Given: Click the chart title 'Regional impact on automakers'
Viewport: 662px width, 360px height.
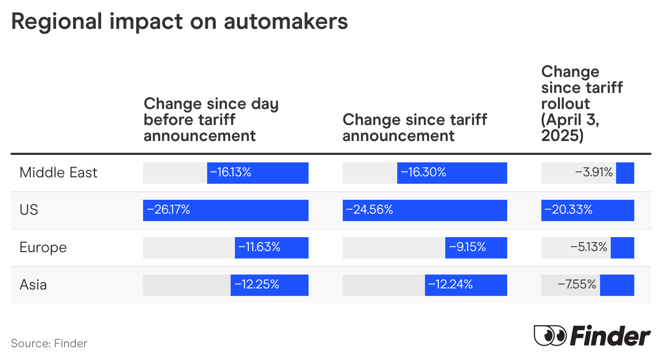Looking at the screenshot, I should tap(179, 21).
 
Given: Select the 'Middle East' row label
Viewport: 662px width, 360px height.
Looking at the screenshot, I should tap(58, 173).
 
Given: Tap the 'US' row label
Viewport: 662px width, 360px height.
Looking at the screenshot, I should tap(29, 210).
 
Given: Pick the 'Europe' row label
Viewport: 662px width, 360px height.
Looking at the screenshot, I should tap(43, 247).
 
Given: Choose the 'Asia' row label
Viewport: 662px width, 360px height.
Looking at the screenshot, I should tap(33, 285).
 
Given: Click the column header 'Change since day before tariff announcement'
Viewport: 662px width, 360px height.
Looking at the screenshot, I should tap(211, 120).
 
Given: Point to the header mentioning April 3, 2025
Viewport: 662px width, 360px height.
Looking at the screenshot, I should tap(582, 104).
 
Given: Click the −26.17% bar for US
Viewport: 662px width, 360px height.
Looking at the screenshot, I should tap(225, 210).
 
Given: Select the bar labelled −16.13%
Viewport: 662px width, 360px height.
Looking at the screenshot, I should tap(257, 173).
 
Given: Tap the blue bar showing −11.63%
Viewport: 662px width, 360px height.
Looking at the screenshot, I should tap(271, 247).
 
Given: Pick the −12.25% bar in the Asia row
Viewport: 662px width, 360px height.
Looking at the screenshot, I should tap(269, 285).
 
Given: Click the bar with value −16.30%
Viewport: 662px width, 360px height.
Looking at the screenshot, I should tap(452, 173).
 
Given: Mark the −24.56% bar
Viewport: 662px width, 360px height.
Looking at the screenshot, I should tap(424, 210).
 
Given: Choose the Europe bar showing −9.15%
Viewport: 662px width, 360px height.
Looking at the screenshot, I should tap(476, 247).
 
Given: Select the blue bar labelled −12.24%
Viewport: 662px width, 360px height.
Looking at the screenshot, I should tap(466, 285).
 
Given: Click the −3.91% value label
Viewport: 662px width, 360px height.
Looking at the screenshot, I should tap(594, 173).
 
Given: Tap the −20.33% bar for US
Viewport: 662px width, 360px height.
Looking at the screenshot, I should tap(587, 210).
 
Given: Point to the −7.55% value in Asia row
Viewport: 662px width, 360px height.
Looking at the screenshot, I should tap(577, 285).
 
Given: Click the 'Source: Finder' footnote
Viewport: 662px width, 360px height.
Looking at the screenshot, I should tap(49, 343).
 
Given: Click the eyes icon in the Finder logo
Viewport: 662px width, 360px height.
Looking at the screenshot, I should tap(549, 336).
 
